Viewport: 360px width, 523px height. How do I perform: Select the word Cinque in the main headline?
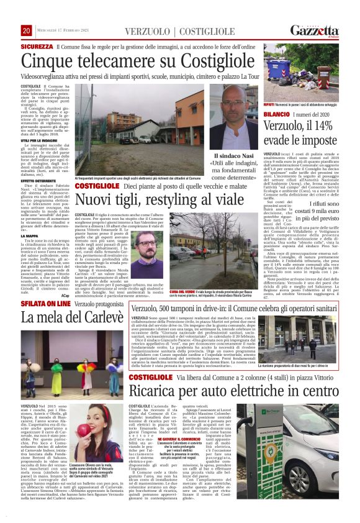(x=48, y=61)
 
